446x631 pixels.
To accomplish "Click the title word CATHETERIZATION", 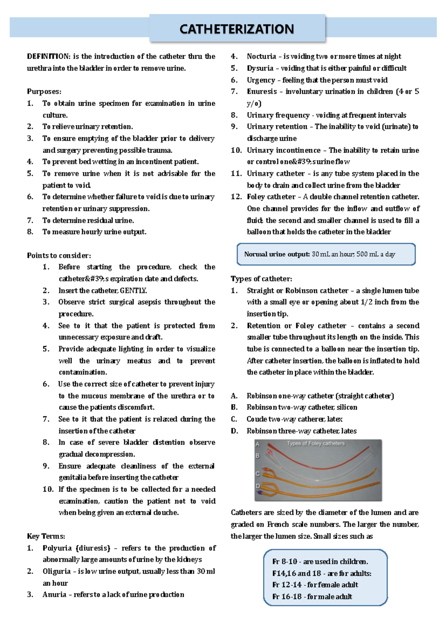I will (x=237, y=29).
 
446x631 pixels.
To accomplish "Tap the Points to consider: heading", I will (x=59, y=255).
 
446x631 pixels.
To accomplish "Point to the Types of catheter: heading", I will (x=261, y=279).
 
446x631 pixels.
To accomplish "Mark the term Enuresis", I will (x=262, y=92).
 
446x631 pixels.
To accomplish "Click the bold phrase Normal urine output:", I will (x=277, y=254).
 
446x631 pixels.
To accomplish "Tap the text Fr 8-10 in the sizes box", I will (x=285, y=561).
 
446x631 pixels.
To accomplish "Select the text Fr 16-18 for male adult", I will (x=312, y=596).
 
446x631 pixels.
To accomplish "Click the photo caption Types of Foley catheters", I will (x=316, y=443).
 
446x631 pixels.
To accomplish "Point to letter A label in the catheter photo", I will (x=258, y=444).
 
